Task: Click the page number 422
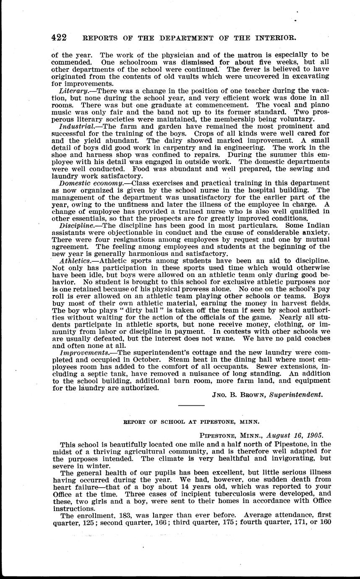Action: [x=59, y=37]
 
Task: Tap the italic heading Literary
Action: [x=72, y=91]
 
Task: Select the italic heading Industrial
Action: [x=75, y=126]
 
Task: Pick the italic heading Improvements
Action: [x=81, y=352]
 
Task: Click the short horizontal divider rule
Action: [x=191, y=405]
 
